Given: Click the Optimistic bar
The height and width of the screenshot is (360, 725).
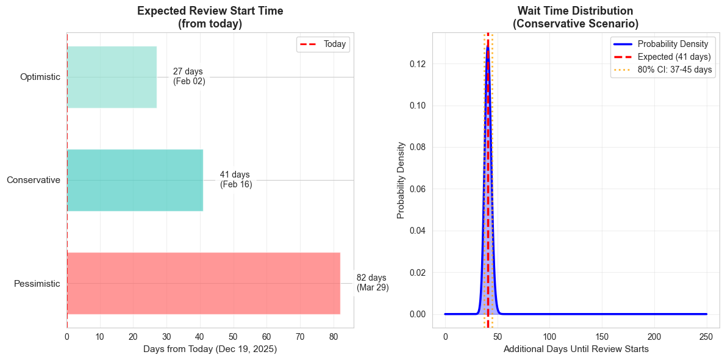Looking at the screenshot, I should tap(112, 77).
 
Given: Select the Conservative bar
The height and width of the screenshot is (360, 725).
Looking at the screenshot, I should tap(135, 180).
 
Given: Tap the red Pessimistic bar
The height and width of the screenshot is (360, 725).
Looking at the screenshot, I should tap(203, 283).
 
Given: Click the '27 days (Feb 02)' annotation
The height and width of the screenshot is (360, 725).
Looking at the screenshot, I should tap(189, 77).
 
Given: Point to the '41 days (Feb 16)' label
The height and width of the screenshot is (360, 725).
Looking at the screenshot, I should tap(236, 180).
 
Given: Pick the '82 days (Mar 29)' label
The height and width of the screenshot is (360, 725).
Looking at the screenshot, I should tap(373, 283).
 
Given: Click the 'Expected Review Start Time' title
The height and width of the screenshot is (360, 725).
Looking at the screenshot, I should tap(210, 11).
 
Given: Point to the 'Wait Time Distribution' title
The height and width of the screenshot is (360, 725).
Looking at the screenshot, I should tap(575, 11).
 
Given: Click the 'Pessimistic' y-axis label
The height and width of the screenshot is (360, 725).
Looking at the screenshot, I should tap(37, 284).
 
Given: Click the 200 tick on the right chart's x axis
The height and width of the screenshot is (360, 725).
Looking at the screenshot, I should tap(654, 336).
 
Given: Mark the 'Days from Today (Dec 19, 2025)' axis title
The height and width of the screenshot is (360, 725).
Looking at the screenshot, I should tap(210, 350).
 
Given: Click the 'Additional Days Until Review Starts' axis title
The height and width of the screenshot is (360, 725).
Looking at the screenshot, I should tap(576, 350).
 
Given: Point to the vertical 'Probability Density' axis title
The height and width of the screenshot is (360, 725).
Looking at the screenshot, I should tap(401, 180).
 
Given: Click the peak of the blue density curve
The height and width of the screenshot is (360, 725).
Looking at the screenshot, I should tap(488, 46).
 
